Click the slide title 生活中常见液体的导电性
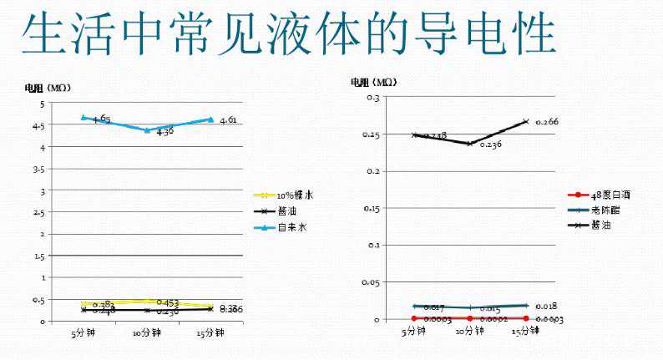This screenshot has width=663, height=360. pos(288,34)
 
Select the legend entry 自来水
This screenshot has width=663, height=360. pos(291,227)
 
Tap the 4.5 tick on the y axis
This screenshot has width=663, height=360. pos(37,125)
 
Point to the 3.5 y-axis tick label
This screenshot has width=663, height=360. pos(37,169)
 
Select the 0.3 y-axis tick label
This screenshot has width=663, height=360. pos(372,98)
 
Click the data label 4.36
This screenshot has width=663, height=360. pos(164,132)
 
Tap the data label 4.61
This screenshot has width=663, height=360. pos(228,120)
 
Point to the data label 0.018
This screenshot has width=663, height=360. pos(547,306)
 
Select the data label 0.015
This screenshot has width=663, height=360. pos(489,310)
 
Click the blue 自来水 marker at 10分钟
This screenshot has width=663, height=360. pos(147,129)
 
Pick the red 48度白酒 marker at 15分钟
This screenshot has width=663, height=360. pos(526,318)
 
